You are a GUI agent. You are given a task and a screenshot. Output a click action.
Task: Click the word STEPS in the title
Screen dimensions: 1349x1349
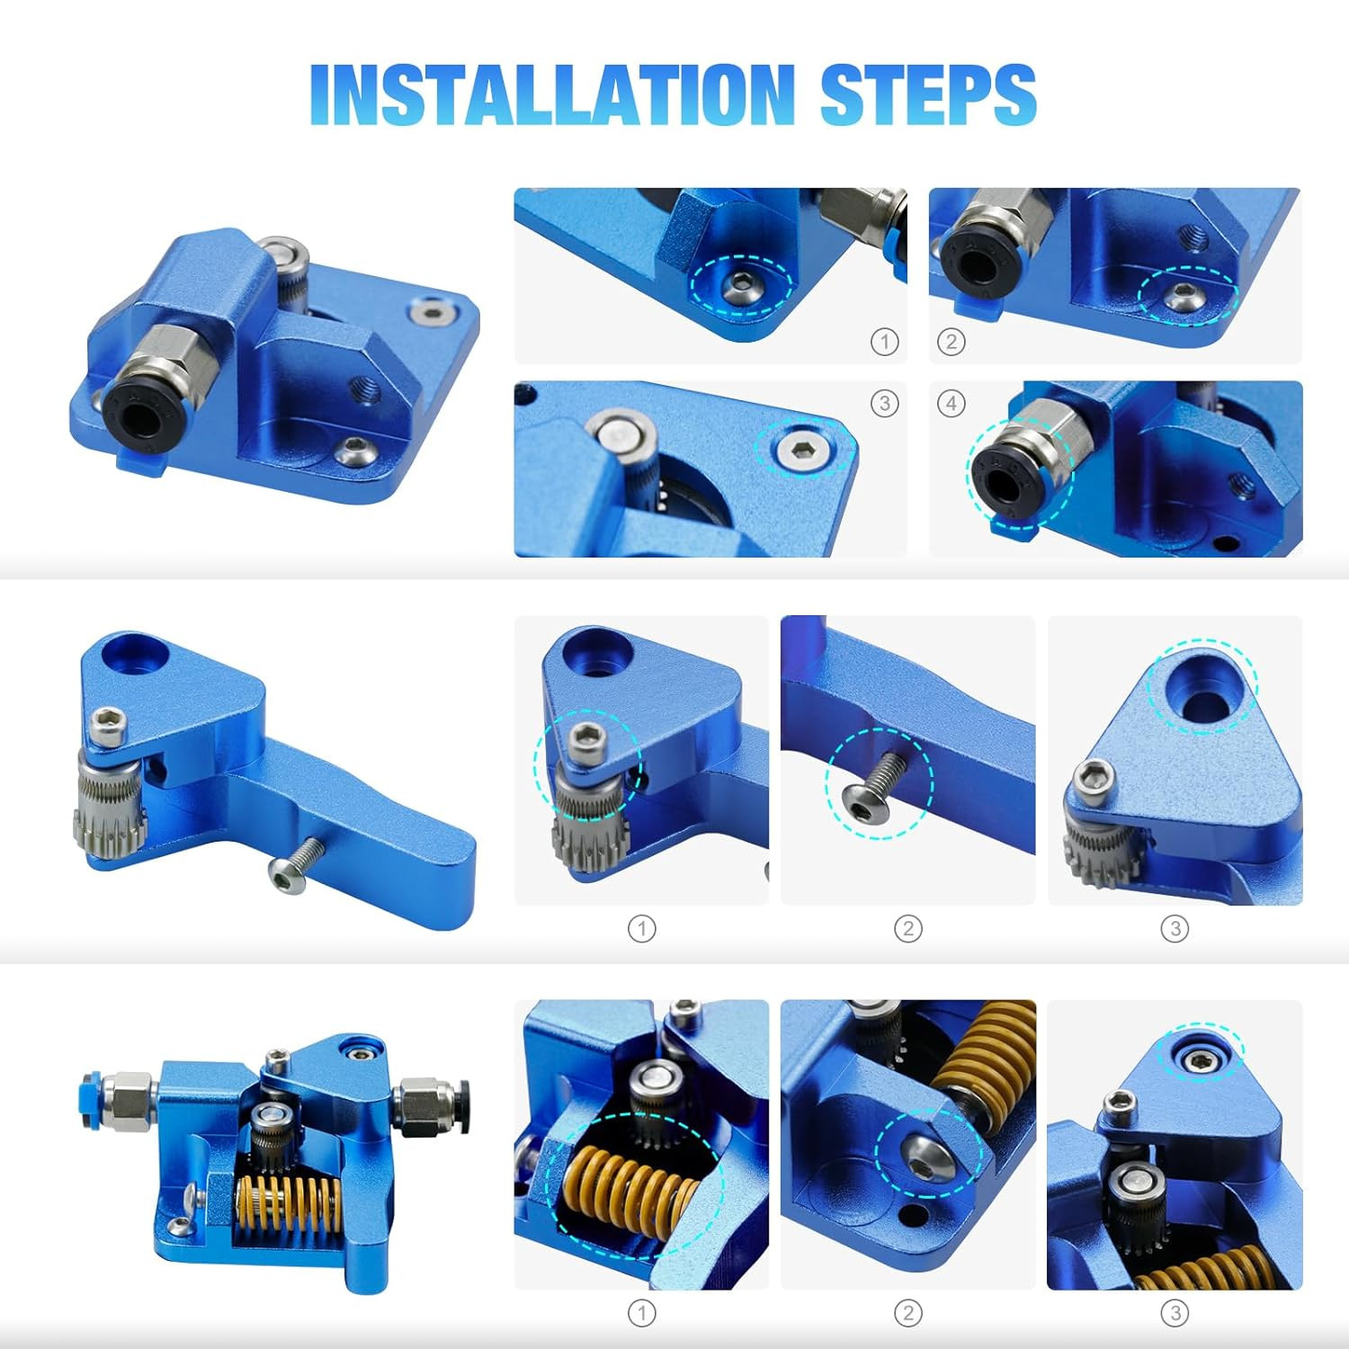coord(928,94)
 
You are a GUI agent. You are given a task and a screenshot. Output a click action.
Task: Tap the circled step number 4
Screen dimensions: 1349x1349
coord(951,403)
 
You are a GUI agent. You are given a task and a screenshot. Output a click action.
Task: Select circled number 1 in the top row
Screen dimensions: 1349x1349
coord(885,342)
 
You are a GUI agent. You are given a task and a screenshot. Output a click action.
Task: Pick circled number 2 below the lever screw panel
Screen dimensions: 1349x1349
coord(908,929)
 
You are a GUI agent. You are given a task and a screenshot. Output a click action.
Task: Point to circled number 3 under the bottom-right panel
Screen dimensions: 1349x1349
coord(1175,1313)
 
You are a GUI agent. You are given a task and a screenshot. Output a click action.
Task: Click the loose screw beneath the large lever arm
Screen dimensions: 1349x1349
coord(294,864)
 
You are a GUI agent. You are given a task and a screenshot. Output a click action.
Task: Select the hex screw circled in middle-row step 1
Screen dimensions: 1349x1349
coord(586,737)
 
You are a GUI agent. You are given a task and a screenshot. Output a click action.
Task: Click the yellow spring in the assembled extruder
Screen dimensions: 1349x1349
coord(289,1211)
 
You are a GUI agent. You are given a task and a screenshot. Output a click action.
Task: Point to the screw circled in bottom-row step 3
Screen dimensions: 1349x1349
coord(1198,1060)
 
